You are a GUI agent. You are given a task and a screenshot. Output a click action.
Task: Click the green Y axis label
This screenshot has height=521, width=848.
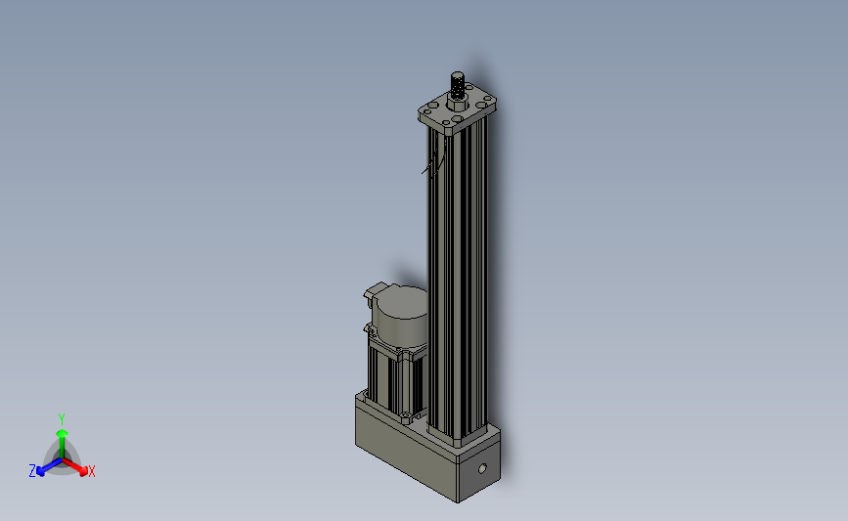tap(61, 419)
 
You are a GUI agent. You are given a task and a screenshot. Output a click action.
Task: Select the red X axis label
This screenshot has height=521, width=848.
tap(91, 471)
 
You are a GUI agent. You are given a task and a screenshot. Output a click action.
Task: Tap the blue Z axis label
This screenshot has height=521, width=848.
tap(32, 471)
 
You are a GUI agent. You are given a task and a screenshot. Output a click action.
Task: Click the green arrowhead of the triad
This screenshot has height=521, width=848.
tap(62, 434)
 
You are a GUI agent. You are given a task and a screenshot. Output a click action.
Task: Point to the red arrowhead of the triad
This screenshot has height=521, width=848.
tap(83, 470)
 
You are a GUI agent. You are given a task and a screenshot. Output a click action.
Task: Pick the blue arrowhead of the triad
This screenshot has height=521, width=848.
tap(40, 471)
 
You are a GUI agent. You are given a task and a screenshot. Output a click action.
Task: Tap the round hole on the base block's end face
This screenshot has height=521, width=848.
tap(483, 468)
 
